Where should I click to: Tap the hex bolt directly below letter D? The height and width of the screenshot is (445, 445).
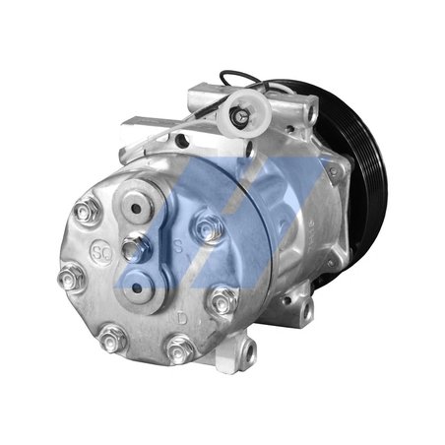coord(178,348)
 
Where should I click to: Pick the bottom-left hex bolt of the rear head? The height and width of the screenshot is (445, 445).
coord(111,337)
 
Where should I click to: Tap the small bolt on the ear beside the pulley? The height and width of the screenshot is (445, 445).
coord(311,116)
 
